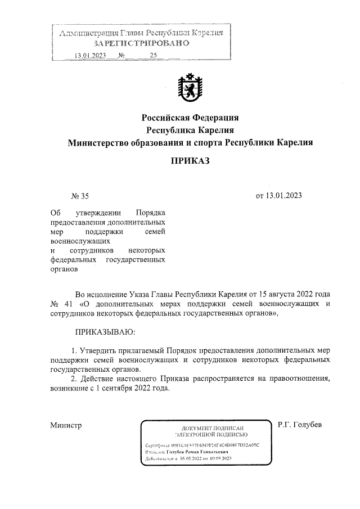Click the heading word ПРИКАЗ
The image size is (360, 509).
click(x=190, y=161)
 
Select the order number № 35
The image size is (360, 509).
click(x=80, y=196)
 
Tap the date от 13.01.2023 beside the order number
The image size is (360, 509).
click(x=279, y=196)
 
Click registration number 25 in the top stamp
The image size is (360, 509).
click(x=154, y=55)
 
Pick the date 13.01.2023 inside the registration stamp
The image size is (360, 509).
click(x=90, y=55)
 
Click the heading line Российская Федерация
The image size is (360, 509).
click(x=190, y=118)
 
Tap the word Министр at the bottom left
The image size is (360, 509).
click(x=66, y=425)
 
